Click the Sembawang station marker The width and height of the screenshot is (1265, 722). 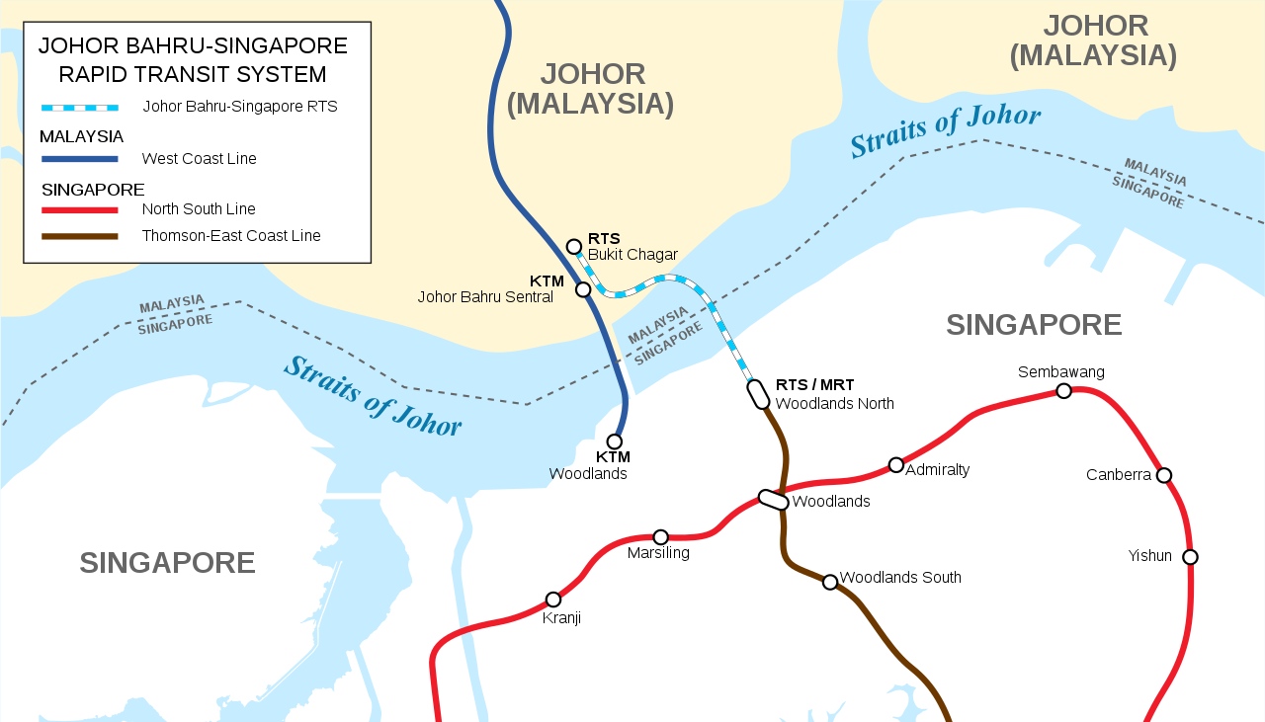pyautogui.click(x=1063, y=391)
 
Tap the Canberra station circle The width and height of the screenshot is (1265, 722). pyautogui.click(x=1164, y=475)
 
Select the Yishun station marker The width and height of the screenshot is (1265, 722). pyautogui.click(x=1190, y=557)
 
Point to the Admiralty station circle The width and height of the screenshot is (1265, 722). pyautogui.click(x=896, y=465)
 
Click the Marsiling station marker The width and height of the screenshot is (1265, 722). pyautogui.click(x=661, y=537)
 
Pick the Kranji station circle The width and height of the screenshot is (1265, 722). pyautogui.click(x=553, y=600)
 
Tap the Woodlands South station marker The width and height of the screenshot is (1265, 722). pyautogui.click(x=830, y=582)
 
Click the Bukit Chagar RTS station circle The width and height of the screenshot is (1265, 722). pyautogui.click(x=573, y=247)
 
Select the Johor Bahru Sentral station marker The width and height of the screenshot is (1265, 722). pyautogui.click(x=583, y=289)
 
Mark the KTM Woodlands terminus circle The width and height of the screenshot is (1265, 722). pyautogui.click(x=615, y=441)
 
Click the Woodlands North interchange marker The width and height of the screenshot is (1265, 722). pyautogui.click(x=759, y=394)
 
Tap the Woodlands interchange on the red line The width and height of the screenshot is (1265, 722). pyautogui.click(x=773, y=501)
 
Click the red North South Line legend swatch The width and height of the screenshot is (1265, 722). pyautogui.click(x=80, y=209)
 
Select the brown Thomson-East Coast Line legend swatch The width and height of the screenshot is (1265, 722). pyautogui.click(x=80, y=236)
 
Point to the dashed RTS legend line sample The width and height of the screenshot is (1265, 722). pyautogui.click(x=80, y=107)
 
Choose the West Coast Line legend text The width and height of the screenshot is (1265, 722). pyautogui.click(x=199, y=159)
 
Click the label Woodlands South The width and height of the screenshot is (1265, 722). pyautogui.click(x=899, y=578)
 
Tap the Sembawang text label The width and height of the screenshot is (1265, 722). pyautogui.click(x=1060, y=372)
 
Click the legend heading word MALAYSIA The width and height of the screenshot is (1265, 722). pyautogui.click(x=81, y=136)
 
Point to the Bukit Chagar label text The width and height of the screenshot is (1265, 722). pyautogui.click(x=632, y=255)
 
